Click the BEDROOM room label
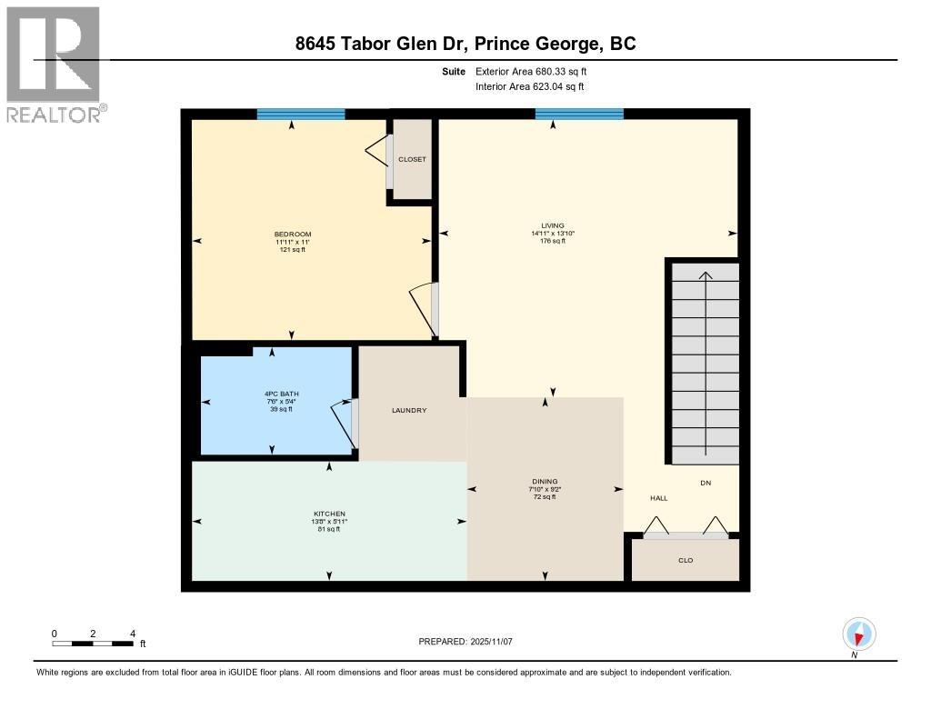tap(293, 234)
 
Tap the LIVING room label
tap(553, 225)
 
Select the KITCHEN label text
tap(329, 514)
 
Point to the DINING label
tap(546, 482)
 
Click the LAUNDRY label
tap(409, 410)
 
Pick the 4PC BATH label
tap(282, 394)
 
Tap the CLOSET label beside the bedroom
tap(412, 159)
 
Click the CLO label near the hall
tap(686, 560)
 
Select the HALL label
tap(659, 498)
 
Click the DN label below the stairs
tap(706, 483)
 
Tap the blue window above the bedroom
tap(301, 114)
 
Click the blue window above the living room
tap(579, 114)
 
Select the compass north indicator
tap(858, 634)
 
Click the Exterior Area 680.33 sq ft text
tap(531, 71)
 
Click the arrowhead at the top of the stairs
tap(706, 275)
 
